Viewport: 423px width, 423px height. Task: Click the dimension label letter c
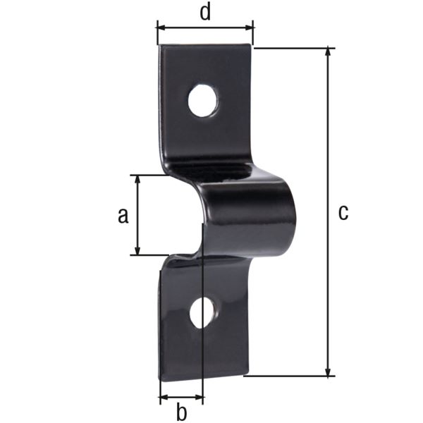coord(343,212)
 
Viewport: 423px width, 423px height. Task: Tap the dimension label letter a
coord(123,216)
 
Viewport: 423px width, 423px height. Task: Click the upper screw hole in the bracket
coord(203,100)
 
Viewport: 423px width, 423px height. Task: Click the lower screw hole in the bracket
coord(203,312)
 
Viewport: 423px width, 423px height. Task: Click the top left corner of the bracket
coord(159,47)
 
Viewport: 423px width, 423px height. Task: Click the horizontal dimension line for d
coord(204,27)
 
